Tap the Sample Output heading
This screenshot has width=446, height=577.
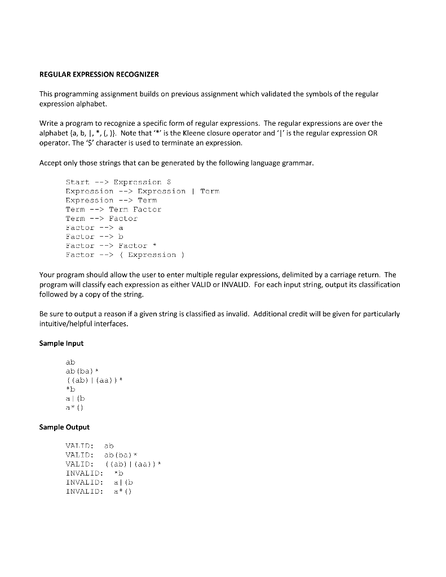(64, 427)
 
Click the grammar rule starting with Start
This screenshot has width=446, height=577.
(114, 182)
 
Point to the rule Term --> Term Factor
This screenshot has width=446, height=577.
(113, 209)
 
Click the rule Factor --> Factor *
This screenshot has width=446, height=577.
(107, 246)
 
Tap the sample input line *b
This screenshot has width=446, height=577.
(70, 389)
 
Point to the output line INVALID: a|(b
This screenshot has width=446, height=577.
(99, 482)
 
